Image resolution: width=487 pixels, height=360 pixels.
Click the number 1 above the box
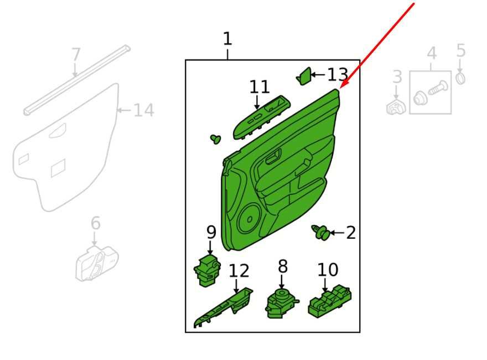click(x=227, y=39)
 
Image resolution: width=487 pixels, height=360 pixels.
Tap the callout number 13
click(x=338, y=75)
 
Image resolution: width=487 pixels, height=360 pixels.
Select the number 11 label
click(x=260, y=87)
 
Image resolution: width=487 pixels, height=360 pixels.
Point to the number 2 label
click(x=351, y=233)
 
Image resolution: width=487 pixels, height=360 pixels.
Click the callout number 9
click(x=211, y=232)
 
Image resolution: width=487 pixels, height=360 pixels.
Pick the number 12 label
click(x=239, y=271)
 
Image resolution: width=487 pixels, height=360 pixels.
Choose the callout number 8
click(x=283, y=266)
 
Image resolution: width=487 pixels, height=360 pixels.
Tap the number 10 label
click(x=328, y=270)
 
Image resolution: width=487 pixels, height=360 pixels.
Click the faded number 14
click(x=144, y=110)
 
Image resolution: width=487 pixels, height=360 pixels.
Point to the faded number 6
click(x=96, y=223)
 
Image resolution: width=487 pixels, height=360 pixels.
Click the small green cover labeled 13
click(x=304, y=76)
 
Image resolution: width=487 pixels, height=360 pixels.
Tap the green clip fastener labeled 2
click(x=320, y=232)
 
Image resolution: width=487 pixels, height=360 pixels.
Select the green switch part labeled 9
click(x=207, y=270)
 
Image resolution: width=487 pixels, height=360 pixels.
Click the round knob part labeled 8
click(x=281, y=303)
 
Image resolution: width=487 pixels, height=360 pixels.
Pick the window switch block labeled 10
click(x=330, y=301)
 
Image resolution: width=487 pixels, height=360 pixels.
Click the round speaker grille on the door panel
click(x=250, y=219)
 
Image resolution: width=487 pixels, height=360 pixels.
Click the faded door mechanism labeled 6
click(x=97, y=263)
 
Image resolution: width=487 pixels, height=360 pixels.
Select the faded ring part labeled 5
click(x=460, y=78)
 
